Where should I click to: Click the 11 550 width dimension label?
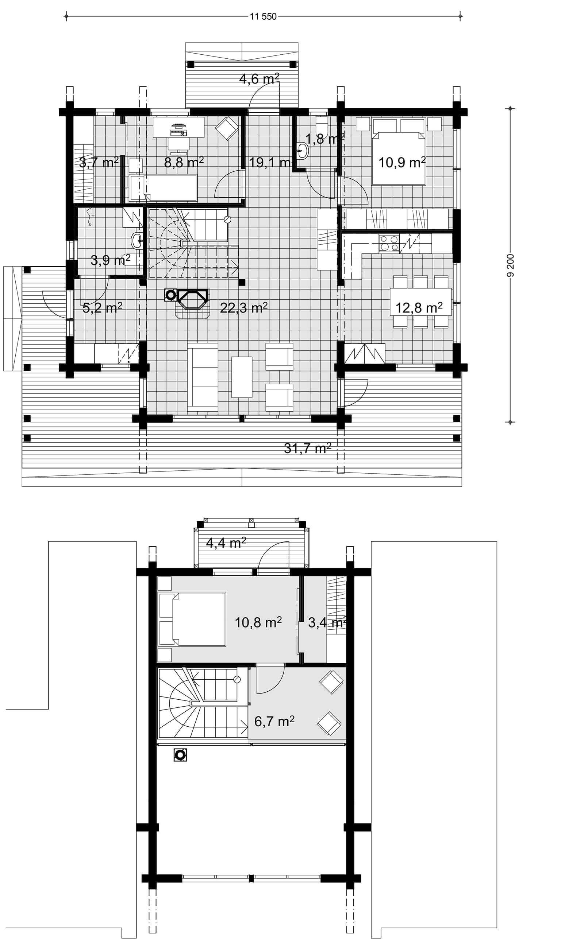tap(263, 17)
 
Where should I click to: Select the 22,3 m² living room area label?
tap(244, 307)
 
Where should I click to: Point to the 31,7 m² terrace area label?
tap(307, 448)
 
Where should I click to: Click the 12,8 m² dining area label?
tap(419, 307)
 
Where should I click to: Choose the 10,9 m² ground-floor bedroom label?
tap(402, 163)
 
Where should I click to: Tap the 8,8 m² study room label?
tap(184, 163)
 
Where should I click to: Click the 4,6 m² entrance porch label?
tap(259, 79)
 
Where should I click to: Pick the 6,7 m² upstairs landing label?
tap(274, 721)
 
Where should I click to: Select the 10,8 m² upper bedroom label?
tap(258, 622)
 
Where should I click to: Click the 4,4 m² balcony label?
tap(226, 543)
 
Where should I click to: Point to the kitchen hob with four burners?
tap(389, 243)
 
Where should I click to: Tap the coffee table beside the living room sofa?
tap(242, 377)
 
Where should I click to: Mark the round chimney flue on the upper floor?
tap(180, 755)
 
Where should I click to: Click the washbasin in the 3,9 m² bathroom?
tap(137, 241)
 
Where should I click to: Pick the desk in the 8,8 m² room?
tap(178, 127)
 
